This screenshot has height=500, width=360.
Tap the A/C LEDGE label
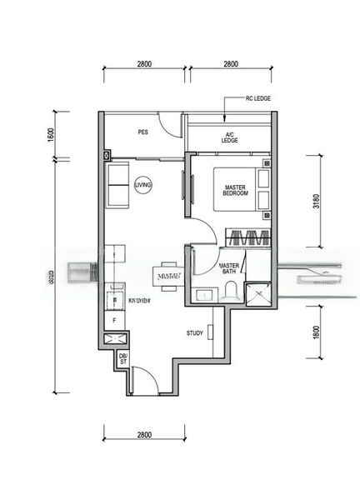point(230,137)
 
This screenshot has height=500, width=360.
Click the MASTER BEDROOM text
point(236,189)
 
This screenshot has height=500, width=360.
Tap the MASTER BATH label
point(230,270)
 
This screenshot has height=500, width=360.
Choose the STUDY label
point(195,333)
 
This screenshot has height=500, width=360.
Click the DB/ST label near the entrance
point(122,360)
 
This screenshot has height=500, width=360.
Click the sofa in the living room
point(117,187)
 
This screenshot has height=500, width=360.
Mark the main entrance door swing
point(142,380)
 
